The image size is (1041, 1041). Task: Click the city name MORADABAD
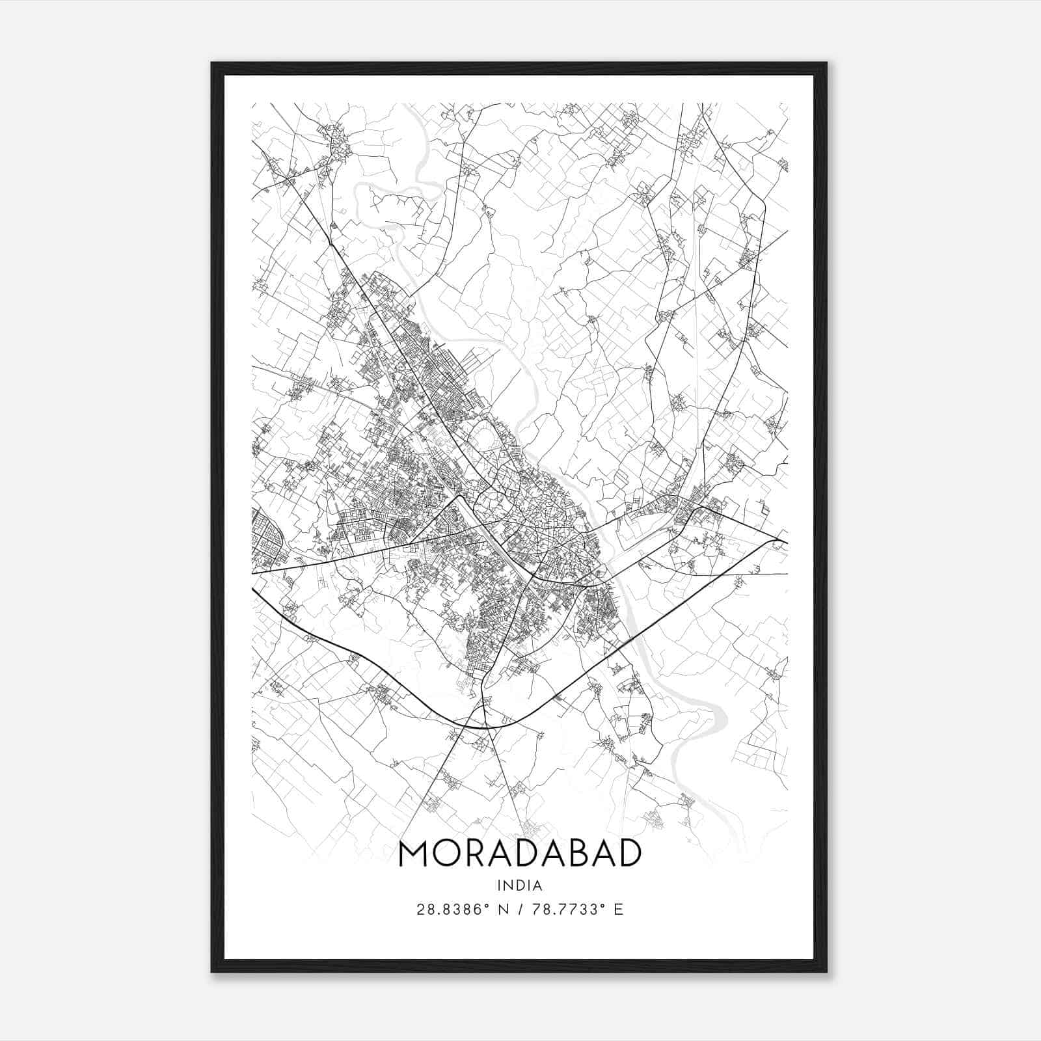pyautogui.click(x=520, y=854)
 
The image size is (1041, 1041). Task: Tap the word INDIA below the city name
pyautogui.click(x=520, y=886)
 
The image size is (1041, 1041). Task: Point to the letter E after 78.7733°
pyautogui.click(x=619, y=910)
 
